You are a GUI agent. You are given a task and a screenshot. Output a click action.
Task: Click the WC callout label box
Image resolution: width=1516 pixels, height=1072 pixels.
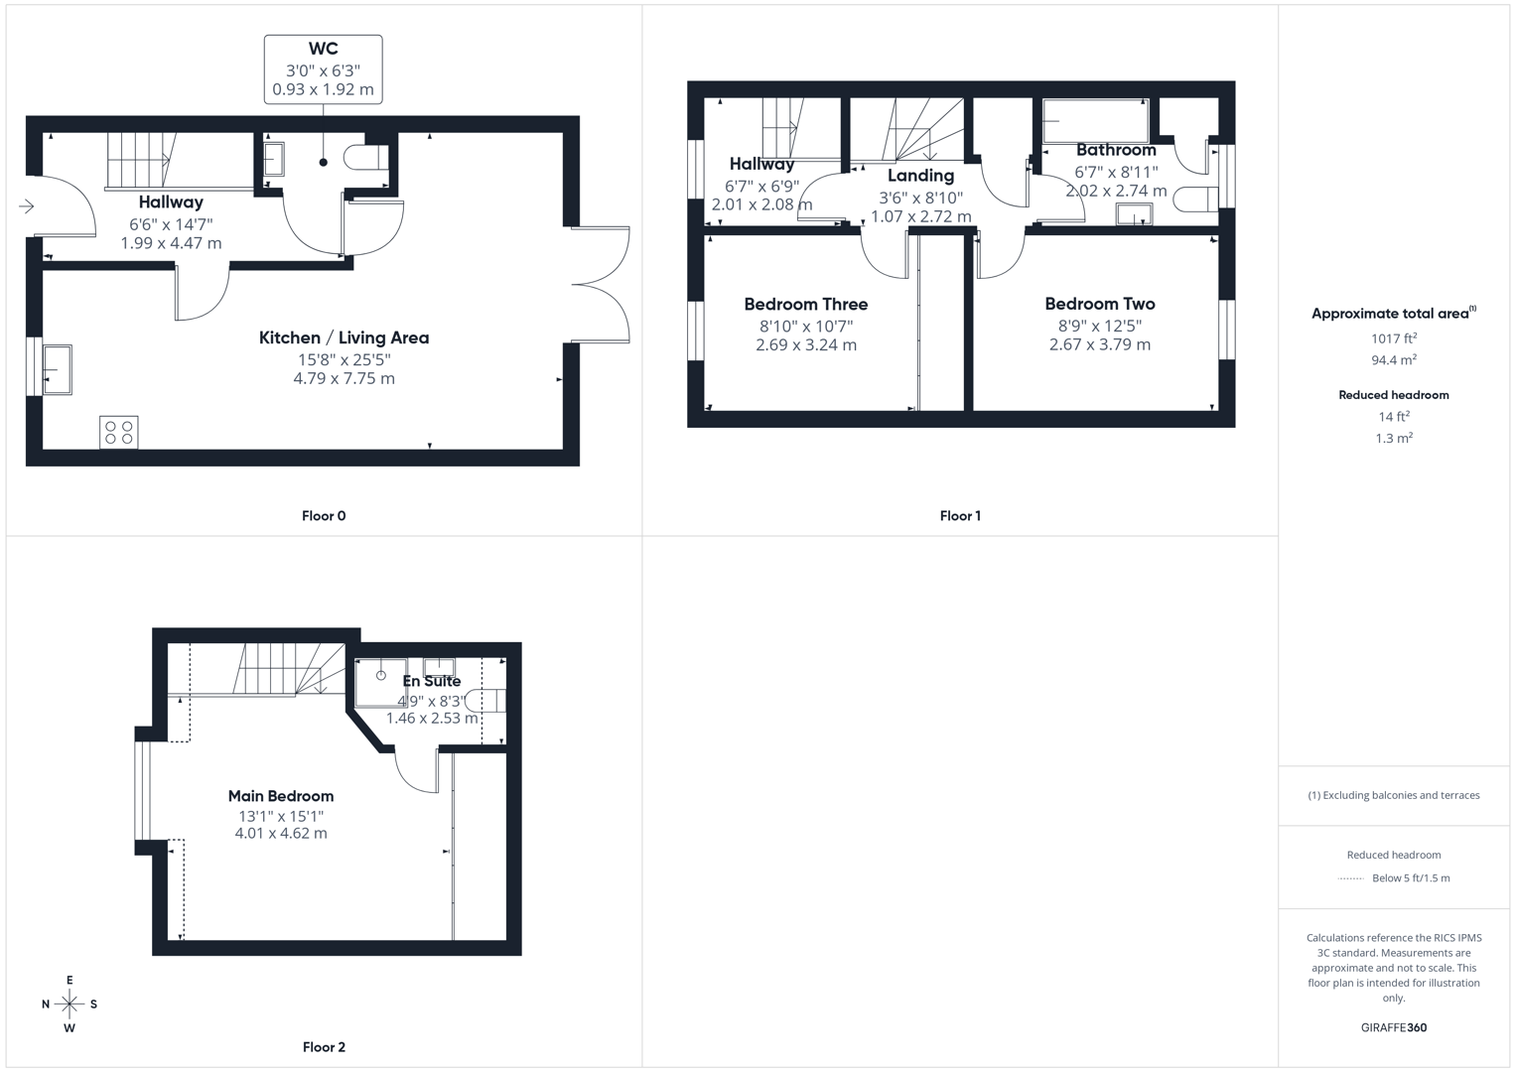pyautogui.click(x=323, y=68)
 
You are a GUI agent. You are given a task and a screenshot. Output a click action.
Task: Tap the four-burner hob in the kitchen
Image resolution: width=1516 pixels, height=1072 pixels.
pyautogui.click(x=119, y=432)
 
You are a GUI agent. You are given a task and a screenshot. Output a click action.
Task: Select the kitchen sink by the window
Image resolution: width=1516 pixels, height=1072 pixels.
pyautogui.click(x=57, y=369)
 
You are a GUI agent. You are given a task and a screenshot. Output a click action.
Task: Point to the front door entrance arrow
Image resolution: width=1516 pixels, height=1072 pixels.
pyautogui.click(x=27, y=206)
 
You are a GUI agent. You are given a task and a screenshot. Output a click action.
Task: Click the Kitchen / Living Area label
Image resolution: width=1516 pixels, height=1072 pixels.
pyautogui.click(x=344, y=337)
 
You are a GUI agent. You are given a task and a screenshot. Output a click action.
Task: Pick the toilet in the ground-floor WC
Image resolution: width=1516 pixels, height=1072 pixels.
pyautogui.click(x=365, y=158)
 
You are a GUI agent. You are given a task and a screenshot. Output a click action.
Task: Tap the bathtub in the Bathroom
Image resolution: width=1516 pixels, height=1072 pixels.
pyautogui.click(x=1095, y=122)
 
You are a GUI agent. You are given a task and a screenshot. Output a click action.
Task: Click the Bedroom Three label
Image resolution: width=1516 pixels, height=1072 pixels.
pyautogui.click(x=805, y=304)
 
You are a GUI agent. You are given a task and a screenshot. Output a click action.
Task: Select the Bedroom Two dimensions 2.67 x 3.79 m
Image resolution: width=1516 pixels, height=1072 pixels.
pyautogui.click(x=1099, y=344)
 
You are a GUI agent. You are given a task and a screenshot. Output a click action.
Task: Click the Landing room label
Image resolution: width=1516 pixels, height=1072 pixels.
pyautogui.click(x=920, y=176)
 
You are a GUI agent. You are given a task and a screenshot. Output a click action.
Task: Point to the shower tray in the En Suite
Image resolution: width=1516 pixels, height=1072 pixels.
pyautogui.click(x=380, y=681)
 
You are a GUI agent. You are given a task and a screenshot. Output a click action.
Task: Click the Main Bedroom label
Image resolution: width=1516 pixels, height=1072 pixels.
pyautogui.click(x=281, y=795)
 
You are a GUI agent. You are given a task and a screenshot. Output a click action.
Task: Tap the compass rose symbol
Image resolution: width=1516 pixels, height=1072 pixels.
pyautogui.click(x=69, y=1005)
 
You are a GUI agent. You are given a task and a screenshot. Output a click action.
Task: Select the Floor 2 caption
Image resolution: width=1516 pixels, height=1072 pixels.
pyautogui.click(x=324, y=1046)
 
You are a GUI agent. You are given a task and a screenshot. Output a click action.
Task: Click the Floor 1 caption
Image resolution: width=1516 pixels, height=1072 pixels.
pyautogui.click(x=960, y=515)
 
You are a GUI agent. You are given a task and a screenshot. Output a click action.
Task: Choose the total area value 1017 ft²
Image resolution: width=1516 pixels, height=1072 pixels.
pyautogui.click(x=1393, y=338)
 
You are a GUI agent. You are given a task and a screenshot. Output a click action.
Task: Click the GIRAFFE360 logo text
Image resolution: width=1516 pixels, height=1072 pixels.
pyautogui.click(x=1393, y=1027)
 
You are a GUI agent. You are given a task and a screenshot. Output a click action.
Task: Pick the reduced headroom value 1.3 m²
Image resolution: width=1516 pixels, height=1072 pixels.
pyautogui.click(x=1393, y=438)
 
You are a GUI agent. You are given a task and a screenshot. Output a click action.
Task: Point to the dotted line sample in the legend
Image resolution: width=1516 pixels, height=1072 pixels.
pyautogui.click(x=1350, y=878)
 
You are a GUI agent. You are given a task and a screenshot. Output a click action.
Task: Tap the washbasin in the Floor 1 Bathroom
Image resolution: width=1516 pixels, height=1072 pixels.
pyautogui.click(x=1134, y=213)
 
